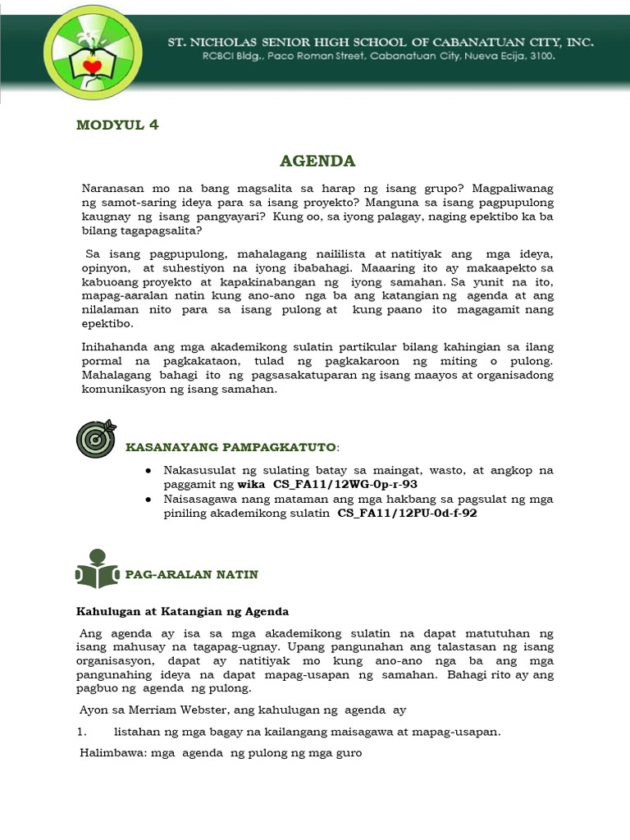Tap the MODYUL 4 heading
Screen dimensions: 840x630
pos(117,125)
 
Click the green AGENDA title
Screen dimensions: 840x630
pos(317,159)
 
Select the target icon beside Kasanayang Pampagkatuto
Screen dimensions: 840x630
pos(96,440)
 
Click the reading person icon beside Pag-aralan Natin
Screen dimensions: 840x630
pos(96,568)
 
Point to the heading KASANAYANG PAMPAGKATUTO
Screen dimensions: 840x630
pos(231,447)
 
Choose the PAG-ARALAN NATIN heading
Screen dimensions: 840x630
pos(191,575)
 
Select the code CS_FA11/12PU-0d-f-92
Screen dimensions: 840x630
pos(407,514)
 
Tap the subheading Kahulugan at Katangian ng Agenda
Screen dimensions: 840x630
pos(182,612)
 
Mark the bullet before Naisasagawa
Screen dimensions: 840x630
pos(148,499)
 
